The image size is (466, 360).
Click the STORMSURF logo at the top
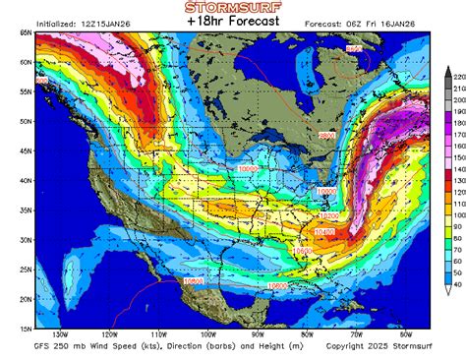point(233,8)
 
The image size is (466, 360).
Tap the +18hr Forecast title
point(233,22)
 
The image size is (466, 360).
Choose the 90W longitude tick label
point(259,335)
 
